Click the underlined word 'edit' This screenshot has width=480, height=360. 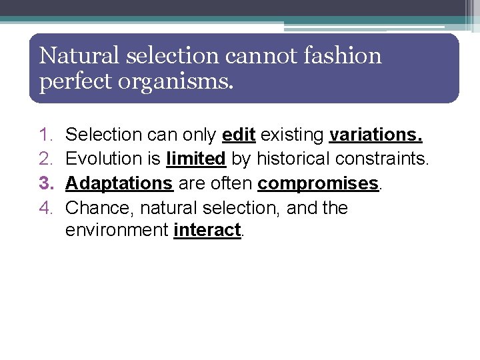pyautogui.click(x=239, y=135)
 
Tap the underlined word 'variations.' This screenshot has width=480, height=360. pyautogui.click(x=376, y=135)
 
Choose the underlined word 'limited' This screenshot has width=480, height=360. pyautogui.click(x=196, y=159)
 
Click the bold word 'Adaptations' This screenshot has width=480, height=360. pyautogui.click(x=119, y=183)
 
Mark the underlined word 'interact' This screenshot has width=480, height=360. pyautogui.click(x=207, y=231)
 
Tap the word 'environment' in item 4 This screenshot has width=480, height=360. pyautogui.click(x=117, y=231)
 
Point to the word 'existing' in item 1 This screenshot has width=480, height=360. pyautogui.click(x=292, y=135)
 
